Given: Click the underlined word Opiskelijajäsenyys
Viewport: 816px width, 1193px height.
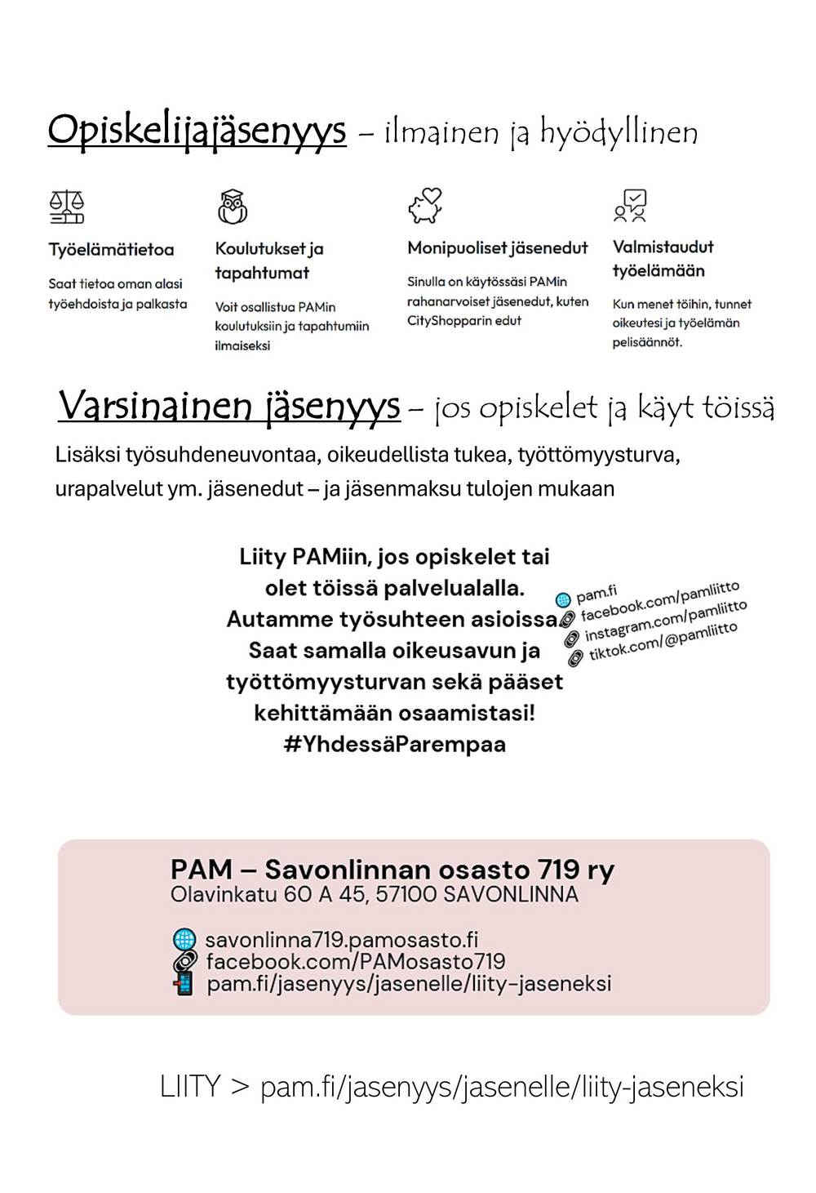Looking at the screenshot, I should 197,131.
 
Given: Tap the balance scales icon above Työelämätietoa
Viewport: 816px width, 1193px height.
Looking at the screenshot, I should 67,207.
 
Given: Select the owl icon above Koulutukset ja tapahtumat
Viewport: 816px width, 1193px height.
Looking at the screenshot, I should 233,207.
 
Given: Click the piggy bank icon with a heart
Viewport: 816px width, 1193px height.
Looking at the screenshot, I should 425,206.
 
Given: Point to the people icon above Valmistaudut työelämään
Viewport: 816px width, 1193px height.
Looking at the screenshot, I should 631,206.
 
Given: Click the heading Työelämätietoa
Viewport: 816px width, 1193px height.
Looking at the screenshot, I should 111,250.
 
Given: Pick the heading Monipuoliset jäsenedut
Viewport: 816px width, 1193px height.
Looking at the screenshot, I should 497,247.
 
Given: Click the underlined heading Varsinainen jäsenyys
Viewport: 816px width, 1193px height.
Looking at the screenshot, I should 229,406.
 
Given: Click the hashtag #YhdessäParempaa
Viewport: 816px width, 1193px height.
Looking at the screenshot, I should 394,745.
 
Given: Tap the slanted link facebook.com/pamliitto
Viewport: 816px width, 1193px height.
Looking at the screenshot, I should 659,601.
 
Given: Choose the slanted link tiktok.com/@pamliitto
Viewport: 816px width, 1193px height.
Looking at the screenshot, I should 663,641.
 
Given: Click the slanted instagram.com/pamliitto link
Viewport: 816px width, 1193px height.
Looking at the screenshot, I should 665,621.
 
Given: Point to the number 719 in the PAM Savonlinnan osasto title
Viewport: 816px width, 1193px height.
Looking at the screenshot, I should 558,870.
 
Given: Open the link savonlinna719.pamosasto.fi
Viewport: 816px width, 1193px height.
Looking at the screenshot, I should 341,939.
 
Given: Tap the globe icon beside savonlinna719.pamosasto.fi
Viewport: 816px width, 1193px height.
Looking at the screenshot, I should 184,939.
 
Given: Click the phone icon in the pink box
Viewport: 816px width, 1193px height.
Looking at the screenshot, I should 184,983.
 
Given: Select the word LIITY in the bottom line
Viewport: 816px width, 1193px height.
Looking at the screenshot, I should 190,1088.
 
